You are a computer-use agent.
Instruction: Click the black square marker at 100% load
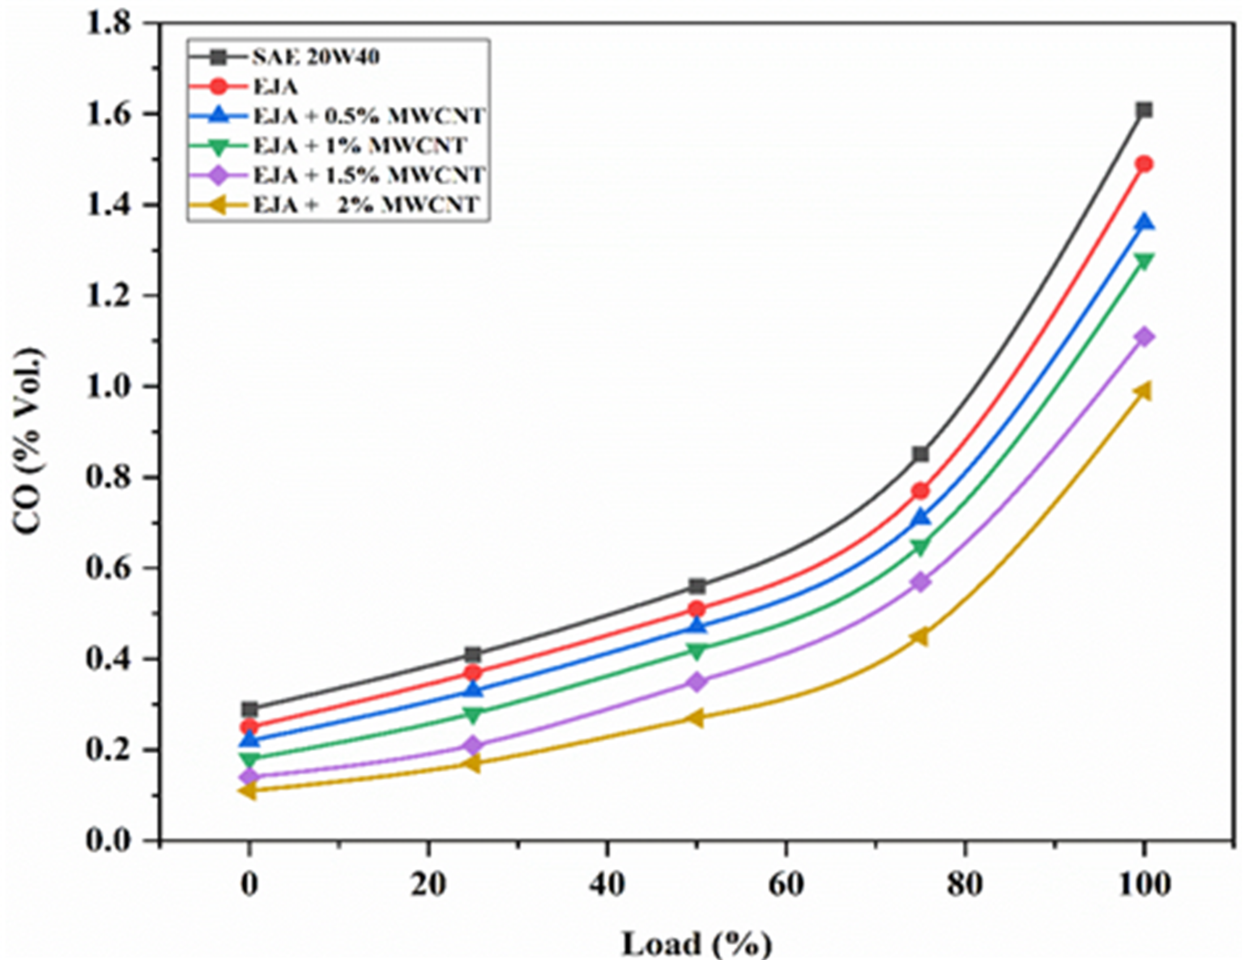pos(1144,110)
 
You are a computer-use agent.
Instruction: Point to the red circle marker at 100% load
pos(1144,164)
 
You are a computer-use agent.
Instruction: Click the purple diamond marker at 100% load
pos(1144,337)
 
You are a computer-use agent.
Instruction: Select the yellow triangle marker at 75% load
pos(920,636)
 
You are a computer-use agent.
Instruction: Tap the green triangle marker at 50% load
pos(697,650)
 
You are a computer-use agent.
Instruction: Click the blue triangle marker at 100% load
pos(1144,222)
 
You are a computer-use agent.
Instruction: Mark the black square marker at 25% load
pos(473,655)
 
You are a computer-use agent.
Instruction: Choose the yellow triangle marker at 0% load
pos(248,790)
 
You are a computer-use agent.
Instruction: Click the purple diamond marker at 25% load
pos(473,745)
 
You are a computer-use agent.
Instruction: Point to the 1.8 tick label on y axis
pos(108,25)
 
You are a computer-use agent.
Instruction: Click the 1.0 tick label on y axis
pos(108,387)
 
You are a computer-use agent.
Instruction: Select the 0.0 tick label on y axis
pos(108,840)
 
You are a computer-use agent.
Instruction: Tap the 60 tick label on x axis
pos(786,884)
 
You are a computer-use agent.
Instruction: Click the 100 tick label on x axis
pos(1144,884)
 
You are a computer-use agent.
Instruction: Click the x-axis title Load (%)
pos(697,943)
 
